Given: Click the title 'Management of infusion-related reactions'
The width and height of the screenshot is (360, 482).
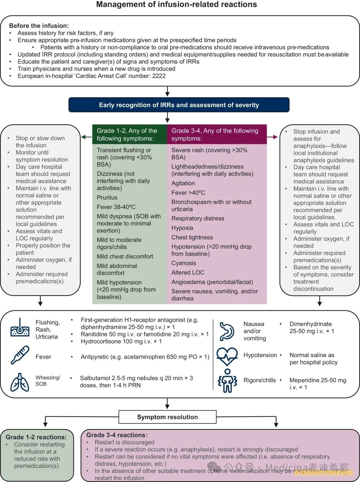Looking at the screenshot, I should point(176,5).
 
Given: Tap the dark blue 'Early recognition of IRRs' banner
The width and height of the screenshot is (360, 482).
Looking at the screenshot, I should point(179,105).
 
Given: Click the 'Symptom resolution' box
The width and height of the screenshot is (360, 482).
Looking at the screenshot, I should point(167,417).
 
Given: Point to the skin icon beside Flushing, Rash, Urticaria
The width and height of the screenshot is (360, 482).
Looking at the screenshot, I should point(20,327).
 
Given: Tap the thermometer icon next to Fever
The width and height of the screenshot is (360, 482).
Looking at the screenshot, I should point(20,355).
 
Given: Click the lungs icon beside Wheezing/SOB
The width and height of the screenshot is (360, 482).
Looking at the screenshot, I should point(20,382).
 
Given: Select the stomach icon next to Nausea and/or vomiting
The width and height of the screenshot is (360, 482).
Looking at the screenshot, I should point(227,331).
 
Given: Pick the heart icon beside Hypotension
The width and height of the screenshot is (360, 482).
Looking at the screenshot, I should point(227,356).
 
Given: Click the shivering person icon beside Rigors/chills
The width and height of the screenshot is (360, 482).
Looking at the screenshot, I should point(227,381).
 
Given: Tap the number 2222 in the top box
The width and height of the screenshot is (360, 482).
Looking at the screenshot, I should point(159,76).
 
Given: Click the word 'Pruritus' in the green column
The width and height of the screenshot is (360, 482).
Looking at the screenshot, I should point(107,198).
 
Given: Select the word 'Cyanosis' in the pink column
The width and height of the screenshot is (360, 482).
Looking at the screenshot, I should point(184,263).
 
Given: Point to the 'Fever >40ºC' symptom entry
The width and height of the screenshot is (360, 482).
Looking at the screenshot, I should point(188,193).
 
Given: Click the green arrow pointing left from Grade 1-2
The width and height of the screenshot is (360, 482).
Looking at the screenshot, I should point(86,137).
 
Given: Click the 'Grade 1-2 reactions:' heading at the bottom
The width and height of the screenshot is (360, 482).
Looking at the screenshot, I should point(36,437).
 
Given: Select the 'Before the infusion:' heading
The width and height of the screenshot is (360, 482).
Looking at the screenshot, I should point(39,26).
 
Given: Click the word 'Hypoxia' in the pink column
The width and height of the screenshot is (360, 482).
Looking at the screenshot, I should point(182,228).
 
